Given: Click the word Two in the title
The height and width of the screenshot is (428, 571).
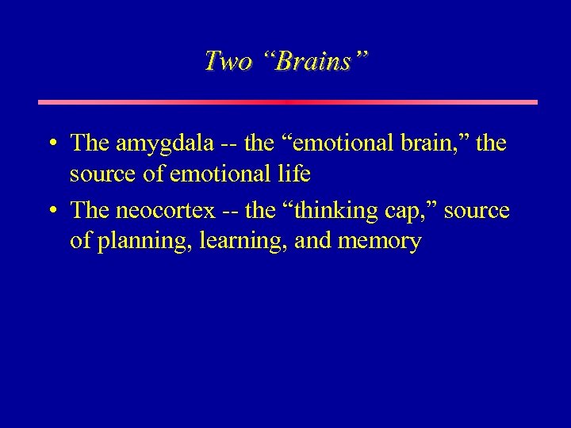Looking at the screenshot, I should (x=228, y=61).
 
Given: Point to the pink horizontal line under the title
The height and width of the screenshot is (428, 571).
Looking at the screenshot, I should (x=288, y=102).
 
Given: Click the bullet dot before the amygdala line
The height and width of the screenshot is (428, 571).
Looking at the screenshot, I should (x=51, y=144).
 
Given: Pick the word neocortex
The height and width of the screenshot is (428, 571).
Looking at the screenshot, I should (x=165, y=211).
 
